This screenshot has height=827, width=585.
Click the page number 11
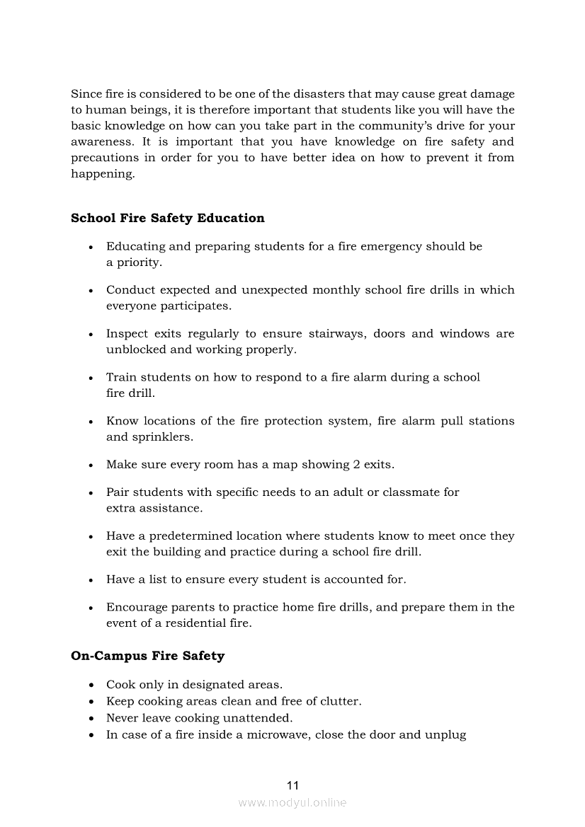(x=292, y=785)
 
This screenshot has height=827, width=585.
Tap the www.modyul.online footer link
(x=292, y=803)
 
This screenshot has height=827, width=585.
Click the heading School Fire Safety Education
(x=168, y=218)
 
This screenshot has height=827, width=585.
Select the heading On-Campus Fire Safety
(x=147, y=656)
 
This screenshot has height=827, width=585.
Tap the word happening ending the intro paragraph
(x=102, y=174)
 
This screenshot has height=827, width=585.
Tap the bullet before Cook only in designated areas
(x=91, y=686)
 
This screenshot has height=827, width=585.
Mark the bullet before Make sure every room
(x=91, y=465)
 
